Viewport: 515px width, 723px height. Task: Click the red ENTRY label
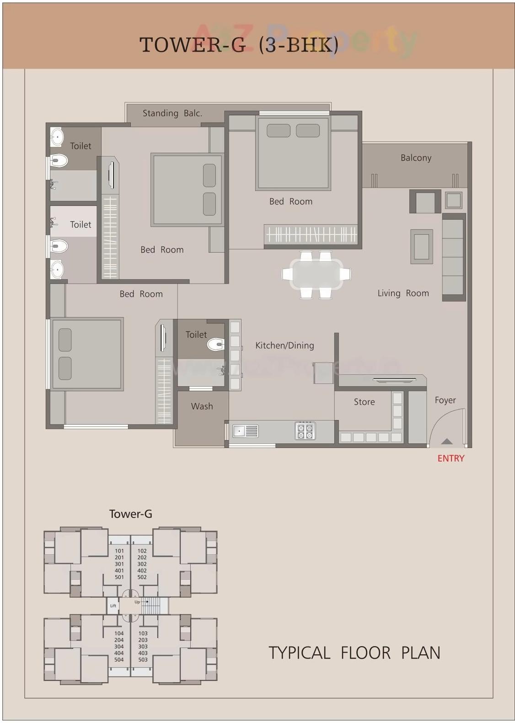(451, 459)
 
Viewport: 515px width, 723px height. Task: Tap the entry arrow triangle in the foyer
(446, 442)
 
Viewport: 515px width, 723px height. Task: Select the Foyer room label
(445, 400)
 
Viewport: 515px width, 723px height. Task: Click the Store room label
(364, 402)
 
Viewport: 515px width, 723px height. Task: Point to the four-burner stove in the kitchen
(305, 431)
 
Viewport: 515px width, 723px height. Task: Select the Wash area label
(202, 406)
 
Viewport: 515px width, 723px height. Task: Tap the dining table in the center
(317, 274)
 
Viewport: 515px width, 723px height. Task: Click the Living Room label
(403, 293)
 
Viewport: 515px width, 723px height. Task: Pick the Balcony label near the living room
(416, 158)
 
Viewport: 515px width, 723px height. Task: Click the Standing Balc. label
(172, 113)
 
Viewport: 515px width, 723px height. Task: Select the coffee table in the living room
(421, 247)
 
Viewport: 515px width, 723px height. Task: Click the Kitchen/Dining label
(284, 345)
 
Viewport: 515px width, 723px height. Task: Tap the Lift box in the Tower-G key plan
(113, 606)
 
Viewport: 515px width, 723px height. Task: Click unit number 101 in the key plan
(119, 551)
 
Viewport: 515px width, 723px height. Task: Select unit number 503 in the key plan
(143, 659)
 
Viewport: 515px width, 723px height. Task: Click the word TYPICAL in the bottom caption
(299, 653)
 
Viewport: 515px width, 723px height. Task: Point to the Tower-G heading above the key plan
(130, 514)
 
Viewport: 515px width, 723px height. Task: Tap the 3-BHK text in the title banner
(299, 45)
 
